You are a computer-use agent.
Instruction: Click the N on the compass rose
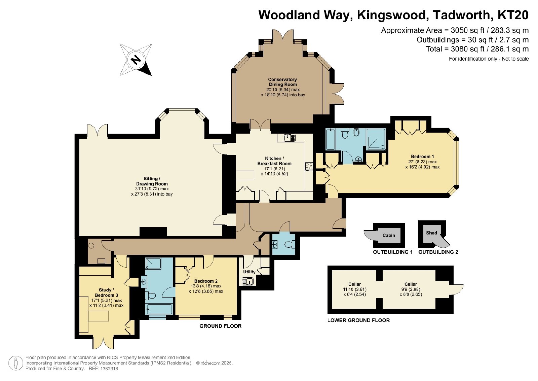point(136,59)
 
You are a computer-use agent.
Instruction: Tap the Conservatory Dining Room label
point(282,82)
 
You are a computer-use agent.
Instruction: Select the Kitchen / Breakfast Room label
point(274,161)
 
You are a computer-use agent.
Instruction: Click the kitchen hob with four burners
point(309,166)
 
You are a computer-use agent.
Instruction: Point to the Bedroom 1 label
point(422,157)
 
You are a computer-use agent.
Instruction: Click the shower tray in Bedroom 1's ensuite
point(376,139)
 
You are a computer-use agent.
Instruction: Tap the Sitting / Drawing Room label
point(152,181)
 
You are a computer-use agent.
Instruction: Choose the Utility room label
point(249,272)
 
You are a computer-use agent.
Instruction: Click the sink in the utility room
point(248,281)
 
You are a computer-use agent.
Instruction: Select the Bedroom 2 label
point(206,281)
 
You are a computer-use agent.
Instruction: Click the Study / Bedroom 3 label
point(106,292)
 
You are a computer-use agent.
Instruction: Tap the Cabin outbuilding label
point(389,235)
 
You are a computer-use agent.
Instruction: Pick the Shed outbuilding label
point(431,233)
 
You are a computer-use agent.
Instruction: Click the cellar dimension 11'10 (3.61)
point(354,289)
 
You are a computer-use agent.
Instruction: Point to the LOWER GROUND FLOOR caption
point(358,320)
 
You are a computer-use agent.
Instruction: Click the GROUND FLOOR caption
point(220,326)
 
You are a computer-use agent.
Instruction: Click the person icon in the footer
point(15,363)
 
